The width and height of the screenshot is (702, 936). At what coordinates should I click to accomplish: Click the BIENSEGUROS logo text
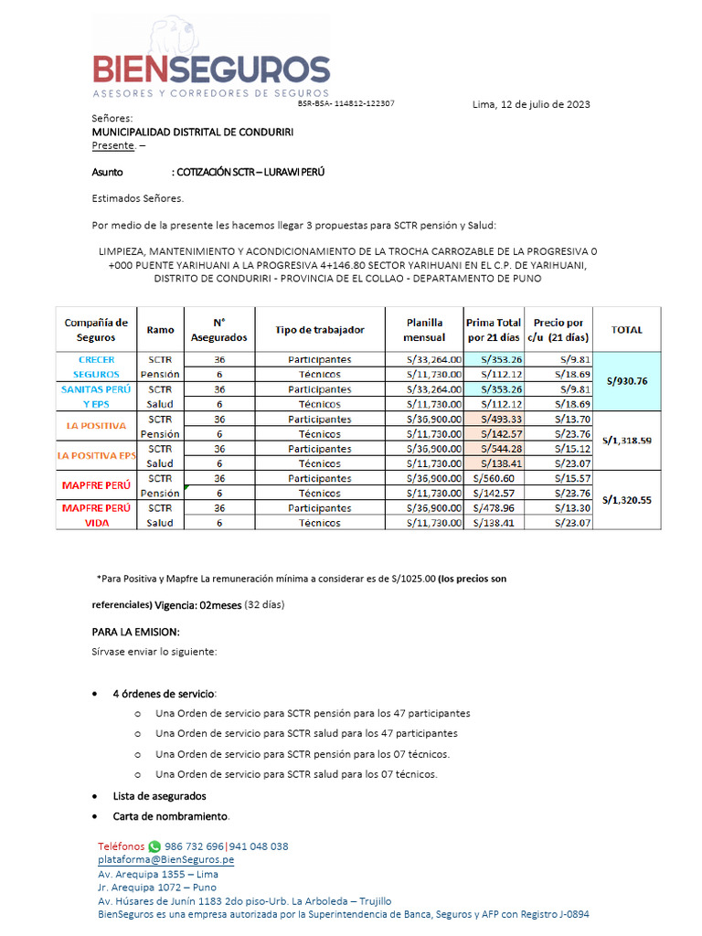[x=211, y=69]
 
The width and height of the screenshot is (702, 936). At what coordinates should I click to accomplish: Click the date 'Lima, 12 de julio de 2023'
[x=530, y=104]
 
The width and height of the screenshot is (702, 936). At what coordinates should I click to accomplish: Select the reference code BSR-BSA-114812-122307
[x=346, y=103]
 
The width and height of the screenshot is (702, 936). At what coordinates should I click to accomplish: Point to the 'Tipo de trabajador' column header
[x=320, y=330]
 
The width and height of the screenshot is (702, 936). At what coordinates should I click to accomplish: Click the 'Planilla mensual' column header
[x=424, y=330]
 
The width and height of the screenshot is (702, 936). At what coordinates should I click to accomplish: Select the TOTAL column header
[x=626, y=330]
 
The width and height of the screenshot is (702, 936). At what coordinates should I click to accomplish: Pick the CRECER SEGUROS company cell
[x=96, y=367]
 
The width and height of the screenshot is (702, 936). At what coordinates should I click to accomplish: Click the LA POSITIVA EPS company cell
[x=96, y=455]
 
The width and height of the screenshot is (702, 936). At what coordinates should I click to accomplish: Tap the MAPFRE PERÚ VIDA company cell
[x=96, y=515]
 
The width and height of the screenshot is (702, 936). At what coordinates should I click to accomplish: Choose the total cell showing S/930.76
[x=626, y=381]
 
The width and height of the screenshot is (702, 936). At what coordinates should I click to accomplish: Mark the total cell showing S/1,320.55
[x=626, y=500]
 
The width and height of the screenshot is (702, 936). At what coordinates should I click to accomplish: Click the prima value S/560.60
[x=494, y=478]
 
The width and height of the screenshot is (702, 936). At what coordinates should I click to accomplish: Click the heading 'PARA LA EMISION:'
[x=135, y=633]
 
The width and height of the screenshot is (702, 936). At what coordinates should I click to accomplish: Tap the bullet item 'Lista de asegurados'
[x=159, y=796]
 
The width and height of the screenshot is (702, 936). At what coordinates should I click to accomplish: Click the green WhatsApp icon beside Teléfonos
[x=154, y=846]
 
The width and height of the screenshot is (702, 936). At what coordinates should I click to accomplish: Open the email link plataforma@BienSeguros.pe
[x=165, y=860]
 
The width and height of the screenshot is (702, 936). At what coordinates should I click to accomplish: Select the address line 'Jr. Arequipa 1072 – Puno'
[x=157, y=887]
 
